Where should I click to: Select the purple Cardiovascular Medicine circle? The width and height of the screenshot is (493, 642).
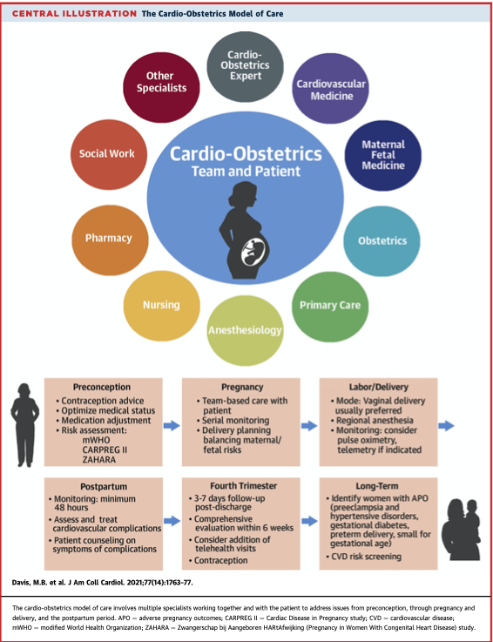tap(330, 91)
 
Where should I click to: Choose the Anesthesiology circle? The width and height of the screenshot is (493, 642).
tap(245, 329)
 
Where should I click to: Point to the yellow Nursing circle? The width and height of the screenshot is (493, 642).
tap(161, 305)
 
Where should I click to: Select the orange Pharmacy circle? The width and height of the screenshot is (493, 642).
tap(108, 238)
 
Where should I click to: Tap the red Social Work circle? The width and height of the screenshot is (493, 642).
tap(107, 153)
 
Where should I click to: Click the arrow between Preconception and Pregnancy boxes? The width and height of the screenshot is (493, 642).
tap(172, 425)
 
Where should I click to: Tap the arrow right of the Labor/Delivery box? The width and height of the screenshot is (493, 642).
tap(447, 425)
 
